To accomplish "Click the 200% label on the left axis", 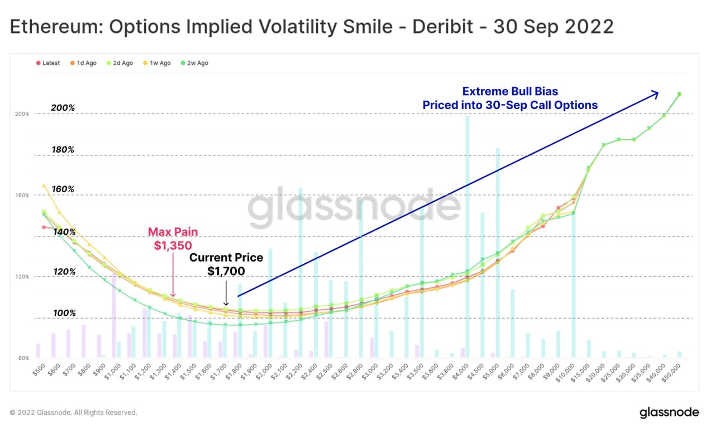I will [23, 114].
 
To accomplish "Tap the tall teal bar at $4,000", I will [468, 235].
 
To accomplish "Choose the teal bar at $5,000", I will [498, 252].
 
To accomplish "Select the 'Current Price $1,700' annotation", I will [226, 264].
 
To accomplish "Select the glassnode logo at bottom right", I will [669, 413].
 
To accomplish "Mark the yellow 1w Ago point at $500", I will [44, 186].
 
